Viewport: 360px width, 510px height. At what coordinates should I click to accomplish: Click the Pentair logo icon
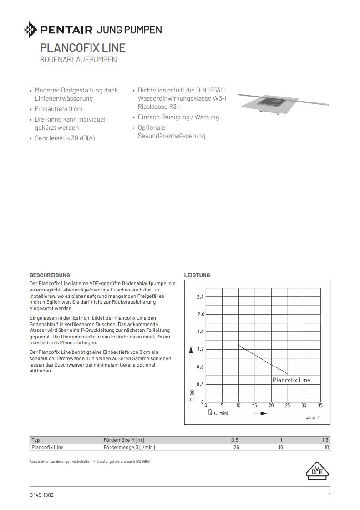click(x=31, y=30)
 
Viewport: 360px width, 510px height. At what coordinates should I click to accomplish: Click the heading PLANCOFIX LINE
click(x=82, y=48)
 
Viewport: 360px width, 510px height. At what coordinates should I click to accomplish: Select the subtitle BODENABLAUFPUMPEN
click(x=78, y=60)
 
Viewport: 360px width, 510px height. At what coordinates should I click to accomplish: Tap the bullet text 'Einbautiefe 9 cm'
click(x=59, y=109)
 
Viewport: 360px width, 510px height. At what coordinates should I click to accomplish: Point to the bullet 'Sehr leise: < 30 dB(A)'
click(x=65, y=138)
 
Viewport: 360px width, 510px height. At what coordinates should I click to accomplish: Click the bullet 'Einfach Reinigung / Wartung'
click(x=178, y=117)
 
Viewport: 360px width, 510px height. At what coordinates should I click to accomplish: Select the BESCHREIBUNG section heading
click(x=50, y=275)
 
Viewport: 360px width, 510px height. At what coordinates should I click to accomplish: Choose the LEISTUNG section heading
click(x=197, y=275)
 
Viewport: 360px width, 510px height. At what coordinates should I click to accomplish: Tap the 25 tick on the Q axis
click(x=288, y=405)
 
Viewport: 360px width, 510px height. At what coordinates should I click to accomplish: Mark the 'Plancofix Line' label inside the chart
click(x=291, y=380)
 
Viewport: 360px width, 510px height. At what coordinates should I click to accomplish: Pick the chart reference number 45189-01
click(x=314, y=418)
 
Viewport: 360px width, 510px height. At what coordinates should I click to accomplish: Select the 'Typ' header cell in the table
click(x=36, y=440)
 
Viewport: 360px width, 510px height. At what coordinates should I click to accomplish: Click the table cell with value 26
click(x=236, y=447)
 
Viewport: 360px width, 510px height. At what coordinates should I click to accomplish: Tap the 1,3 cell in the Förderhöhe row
click(x=325, y=440)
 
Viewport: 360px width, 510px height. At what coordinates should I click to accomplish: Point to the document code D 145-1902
click(x=42, y=495)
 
